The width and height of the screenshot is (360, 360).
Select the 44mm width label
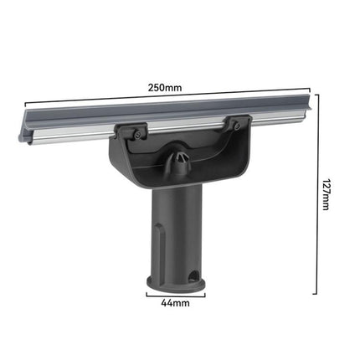coord(177,304)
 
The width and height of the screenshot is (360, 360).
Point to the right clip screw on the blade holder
coord(238,126)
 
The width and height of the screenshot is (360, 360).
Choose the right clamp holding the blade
coord(235,124)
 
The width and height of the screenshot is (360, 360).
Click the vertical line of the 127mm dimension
coord(316,197)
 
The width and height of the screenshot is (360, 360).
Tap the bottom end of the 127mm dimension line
coord(316,293)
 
